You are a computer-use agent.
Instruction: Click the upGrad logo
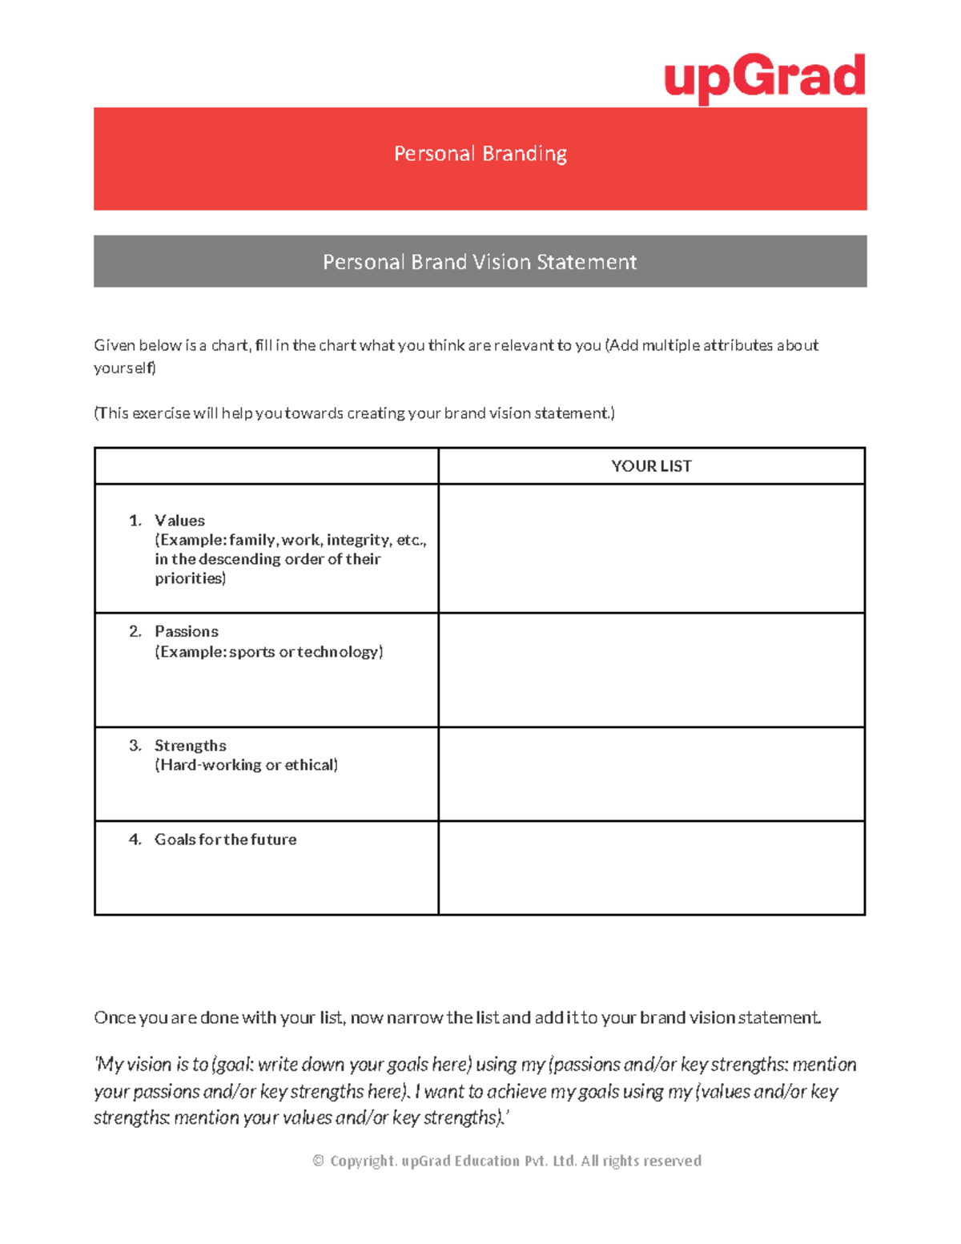765,79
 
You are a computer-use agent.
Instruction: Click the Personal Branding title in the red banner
480,153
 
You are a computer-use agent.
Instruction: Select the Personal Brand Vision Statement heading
480,262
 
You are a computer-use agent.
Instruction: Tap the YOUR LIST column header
651,466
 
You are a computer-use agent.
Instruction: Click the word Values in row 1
179,521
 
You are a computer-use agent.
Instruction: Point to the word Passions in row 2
186,631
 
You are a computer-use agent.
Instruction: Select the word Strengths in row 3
190,746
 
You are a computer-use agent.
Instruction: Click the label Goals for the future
225,839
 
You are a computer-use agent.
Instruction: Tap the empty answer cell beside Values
651,549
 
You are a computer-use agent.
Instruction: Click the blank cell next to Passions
651,670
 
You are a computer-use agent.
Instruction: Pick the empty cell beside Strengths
651,774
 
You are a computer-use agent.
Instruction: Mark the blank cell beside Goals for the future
651,868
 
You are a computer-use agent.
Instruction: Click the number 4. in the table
135,839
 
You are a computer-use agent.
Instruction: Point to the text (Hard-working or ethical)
246,765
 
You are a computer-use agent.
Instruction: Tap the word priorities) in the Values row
191,578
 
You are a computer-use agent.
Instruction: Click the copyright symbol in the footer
318,1161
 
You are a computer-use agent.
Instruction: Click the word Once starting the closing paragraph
115,1018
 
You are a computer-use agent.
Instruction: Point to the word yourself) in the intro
125,368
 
